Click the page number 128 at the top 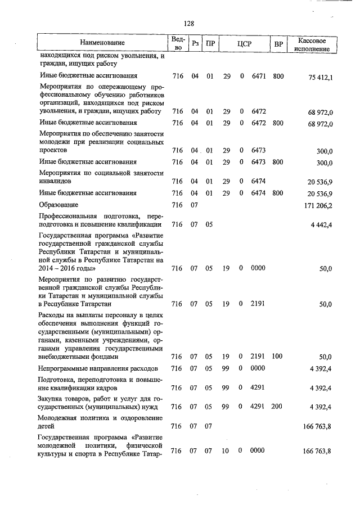(189, 24)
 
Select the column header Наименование (102, 43)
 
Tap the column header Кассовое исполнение (311, 43)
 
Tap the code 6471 (258, 75)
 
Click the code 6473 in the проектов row (258, 150)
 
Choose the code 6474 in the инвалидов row (258, 181)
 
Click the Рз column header (195, 43)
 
